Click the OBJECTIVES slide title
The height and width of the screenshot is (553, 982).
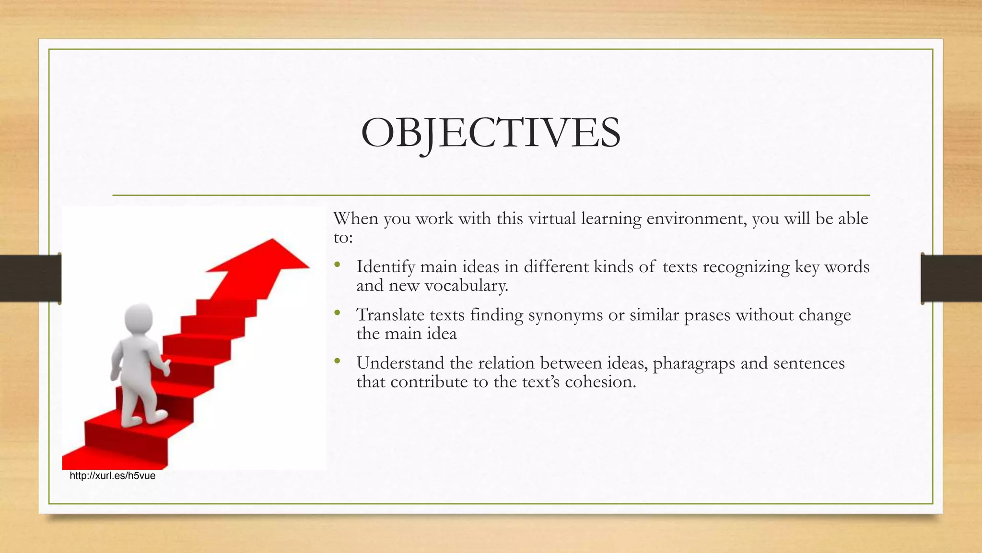click(x=491, y=133)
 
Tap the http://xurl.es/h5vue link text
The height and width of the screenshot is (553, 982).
click(x=112, y=476)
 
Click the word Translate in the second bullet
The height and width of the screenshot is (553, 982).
click(x=390, y=315)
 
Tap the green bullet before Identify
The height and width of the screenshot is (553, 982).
click(x=338, y=265)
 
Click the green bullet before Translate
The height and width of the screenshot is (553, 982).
click(x=338, y=313)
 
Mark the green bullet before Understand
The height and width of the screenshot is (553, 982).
click(x=338, y=361)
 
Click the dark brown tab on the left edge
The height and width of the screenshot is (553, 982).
click(x=30, y=278)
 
